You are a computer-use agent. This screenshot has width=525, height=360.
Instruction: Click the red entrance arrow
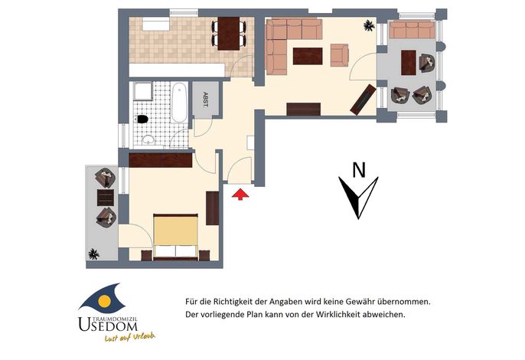coord(240,195)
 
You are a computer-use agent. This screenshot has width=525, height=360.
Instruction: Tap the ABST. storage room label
coord(205,100)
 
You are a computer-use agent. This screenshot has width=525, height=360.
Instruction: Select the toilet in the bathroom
coord(142,119)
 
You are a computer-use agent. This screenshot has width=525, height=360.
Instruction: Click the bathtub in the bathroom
coord(179,103)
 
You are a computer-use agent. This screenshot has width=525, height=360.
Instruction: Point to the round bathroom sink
coord(148,140)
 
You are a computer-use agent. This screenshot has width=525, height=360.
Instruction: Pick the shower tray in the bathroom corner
coord(143,91)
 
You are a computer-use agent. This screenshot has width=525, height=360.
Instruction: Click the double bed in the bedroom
coord(175,237)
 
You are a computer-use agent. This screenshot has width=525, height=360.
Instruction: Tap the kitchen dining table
coord(229,33)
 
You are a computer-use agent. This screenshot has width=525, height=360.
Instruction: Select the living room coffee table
coord(308,56)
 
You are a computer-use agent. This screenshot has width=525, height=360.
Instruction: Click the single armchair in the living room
coord(340,55)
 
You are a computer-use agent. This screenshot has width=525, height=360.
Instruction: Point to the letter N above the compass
coord(359,169)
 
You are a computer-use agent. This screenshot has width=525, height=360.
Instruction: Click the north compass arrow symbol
coord(359,198)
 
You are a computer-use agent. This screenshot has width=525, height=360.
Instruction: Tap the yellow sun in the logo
coord(104,302)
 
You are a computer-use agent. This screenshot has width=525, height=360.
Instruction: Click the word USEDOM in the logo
coord(108,325)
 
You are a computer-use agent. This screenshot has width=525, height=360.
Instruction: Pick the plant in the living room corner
coord(369,25)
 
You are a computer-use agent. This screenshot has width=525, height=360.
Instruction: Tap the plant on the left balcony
coord(93,254)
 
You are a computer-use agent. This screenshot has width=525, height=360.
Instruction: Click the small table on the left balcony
coord(106,198)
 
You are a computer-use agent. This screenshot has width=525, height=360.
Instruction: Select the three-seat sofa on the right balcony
coord(412,30)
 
